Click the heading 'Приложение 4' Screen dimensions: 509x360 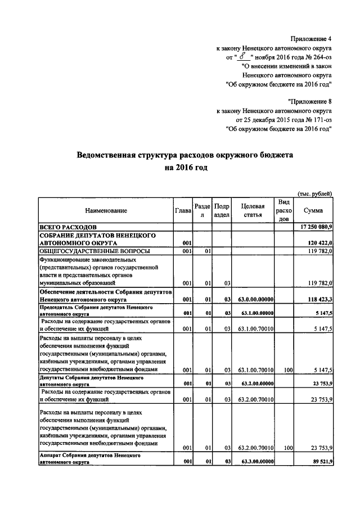click(x=311, y=39)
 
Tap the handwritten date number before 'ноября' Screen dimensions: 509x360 click(x=242, y=56)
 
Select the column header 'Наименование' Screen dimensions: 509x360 click(x=106, y=210)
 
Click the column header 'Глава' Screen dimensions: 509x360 click(x=183, y=210)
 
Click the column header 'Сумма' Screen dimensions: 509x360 click(x=313, y=210)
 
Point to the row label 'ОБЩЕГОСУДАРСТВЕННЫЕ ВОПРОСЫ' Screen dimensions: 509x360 click(x=89, y=251)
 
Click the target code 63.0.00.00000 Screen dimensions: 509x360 click(x=256, y=300)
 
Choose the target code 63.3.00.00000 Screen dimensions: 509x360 click(x=256, y=462)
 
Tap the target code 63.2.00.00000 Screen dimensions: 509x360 click(x=256, y=384)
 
